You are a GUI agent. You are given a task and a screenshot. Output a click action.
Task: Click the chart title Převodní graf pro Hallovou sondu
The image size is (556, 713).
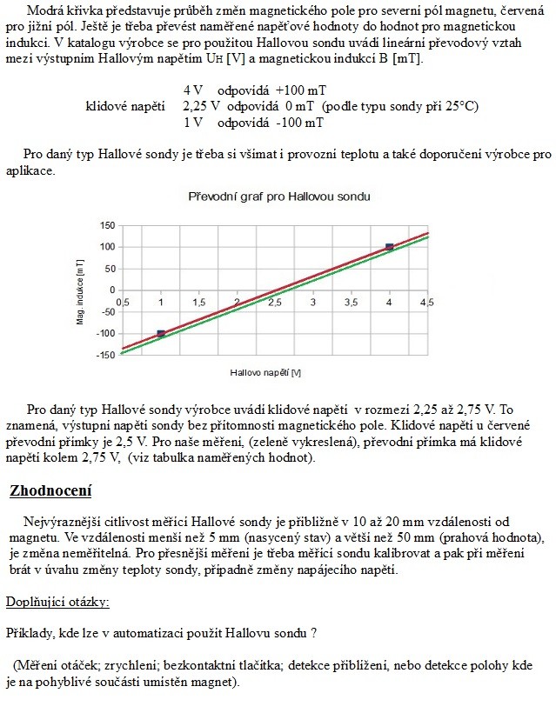point(279,197)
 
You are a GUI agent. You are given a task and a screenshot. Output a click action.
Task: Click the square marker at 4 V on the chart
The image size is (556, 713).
point(389,248)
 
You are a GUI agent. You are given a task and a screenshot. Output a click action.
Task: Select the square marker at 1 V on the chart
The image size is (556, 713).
point(161,333)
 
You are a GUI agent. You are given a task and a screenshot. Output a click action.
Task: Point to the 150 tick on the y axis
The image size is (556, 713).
point(107,225)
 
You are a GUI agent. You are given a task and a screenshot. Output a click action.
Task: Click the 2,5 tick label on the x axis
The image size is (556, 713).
point(275,302)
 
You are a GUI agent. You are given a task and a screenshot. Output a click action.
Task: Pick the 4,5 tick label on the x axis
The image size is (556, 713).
point(426,302)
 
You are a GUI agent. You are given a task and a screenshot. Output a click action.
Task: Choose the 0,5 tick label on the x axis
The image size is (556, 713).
point(123,302)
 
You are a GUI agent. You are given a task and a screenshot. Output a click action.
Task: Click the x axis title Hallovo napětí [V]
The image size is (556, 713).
point(265,372)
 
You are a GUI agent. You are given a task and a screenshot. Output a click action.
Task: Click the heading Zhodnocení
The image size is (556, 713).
point(50,491)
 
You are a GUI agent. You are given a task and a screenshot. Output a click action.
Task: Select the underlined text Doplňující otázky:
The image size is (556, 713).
point(57,602)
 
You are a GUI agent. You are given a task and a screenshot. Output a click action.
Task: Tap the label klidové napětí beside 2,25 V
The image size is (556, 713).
point(125,107)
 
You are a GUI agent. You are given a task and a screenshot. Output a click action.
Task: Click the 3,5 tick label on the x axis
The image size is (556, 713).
point(351,302)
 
